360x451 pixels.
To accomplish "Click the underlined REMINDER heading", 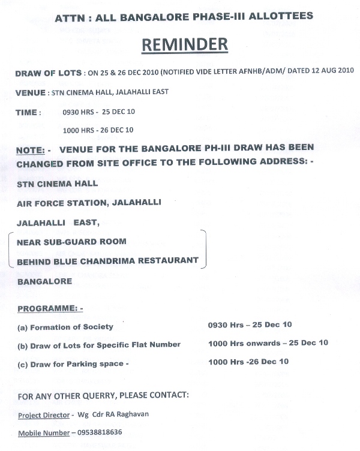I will tap(185, 45).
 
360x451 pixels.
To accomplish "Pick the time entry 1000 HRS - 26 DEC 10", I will tap(98, 130).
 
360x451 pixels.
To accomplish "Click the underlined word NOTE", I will tap(30, 148).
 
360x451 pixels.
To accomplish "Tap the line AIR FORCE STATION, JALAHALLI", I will tap(89, 203).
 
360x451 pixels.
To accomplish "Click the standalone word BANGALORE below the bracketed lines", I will tap(45, 281).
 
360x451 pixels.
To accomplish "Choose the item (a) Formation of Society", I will tap(65, 327).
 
